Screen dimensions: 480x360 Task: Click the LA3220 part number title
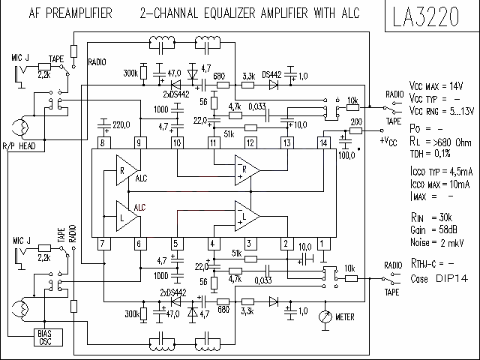point(426,16)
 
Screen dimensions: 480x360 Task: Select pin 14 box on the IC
point(323,143)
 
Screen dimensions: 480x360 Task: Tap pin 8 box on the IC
point(103,143)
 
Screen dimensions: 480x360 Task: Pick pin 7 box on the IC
point(103,244)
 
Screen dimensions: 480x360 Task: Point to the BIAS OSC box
point(48,337)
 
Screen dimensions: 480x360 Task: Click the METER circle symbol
point(325,316)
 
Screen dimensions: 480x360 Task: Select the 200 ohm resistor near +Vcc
point(355,130)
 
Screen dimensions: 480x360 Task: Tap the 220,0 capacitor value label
point(121,125)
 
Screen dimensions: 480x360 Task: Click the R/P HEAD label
point(19,146)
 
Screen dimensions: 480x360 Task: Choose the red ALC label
point(140,208)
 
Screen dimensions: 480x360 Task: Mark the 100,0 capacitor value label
point(346,155)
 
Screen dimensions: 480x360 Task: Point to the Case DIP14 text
point(439,278)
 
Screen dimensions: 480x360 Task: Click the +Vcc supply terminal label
point(388,141)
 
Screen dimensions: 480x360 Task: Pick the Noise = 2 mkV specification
point(436,242)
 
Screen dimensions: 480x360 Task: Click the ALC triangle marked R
point(127,170)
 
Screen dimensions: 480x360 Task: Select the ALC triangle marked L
point(127,216)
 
